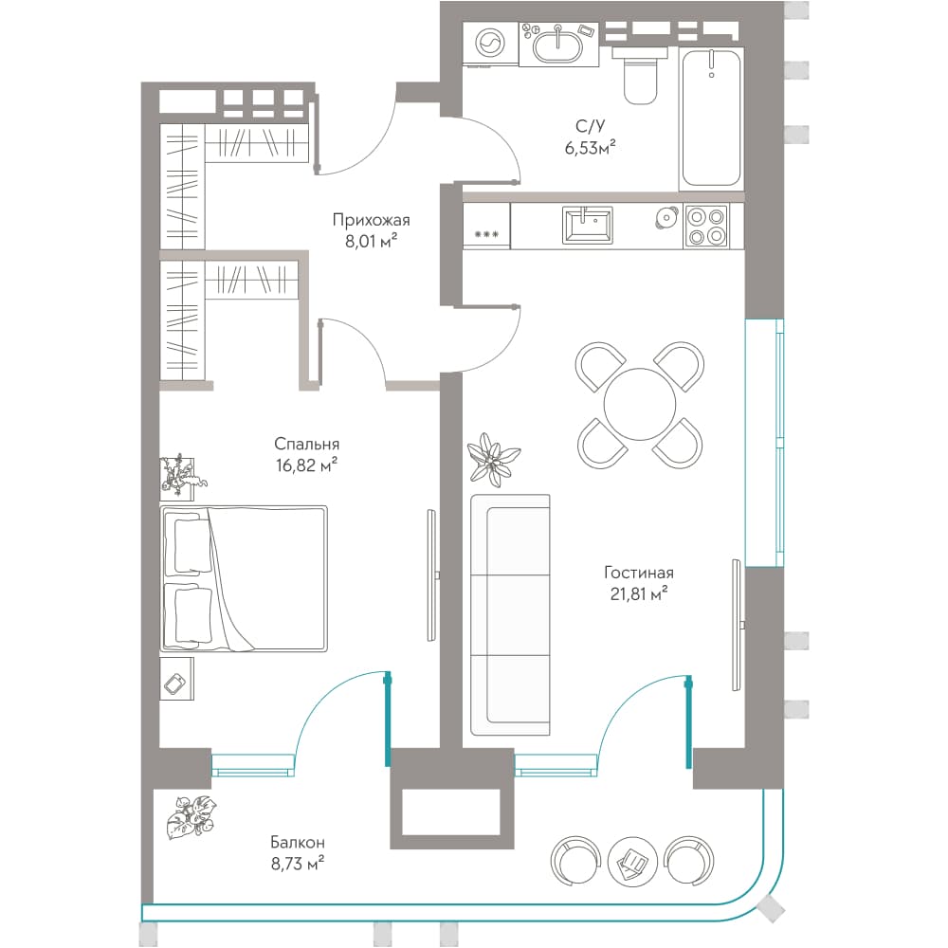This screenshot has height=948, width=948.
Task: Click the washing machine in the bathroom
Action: pos(490,44)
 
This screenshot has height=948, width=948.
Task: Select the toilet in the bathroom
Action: pos(640,75)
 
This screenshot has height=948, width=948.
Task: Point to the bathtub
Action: pos(711,118)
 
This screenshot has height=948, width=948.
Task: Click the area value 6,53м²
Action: pos(590,147)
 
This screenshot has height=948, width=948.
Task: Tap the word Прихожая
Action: pos(371,220)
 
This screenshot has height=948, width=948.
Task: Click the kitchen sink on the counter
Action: pos(587,225)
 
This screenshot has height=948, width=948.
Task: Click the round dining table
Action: pos(640,405)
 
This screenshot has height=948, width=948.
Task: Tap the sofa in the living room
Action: pos(510,614)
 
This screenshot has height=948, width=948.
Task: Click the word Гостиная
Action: pos(638,572)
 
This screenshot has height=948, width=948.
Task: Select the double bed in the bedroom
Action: pos(244,578)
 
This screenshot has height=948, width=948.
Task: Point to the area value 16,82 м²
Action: pos(306,465)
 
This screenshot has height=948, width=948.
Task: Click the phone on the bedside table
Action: pos(175,684)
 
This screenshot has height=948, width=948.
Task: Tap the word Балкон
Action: pos(298,842)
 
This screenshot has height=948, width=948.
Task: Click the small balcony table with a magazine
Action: pos(631,862)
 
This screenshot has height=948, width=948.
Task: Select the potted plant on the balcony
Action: pos(191,817)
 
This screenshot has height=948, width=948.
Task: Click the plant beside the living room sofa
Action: pos(494,459)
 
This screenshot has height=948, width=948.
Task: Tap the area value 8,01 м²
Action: pos(371,242)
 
